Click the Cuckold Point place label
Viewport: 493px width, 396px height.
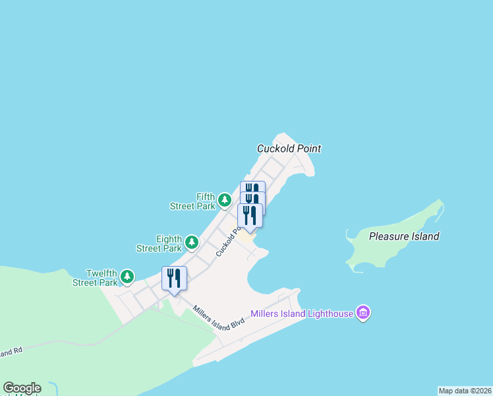click(x=289, y=148)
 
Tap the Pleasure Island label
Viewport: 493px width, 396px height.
click(x=404, y=236)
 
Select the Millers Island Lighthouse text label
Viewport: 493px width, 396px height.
click(x=302, y=313)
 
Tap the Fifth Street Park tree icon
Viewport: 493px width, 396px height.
click(x=225, y=199)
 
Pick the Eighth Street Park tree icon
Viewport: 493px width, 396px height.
click(x=192, y=242)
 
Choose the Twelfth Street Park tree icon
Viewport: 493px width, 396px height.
click(x=127, y=276)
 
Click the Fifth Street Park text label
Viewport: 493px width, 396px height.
click(x=192, y=201)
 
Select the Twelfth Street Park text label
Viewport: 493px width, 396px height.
click(x=96, y=278)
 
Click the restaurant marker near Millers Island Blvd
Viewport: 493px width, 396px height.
click(x=174, y=278)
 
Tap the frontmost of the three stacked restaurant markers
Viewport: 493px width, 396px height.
click(x=250, y=215)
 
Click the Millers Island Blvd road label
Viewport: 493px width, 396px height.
click(x=219, y=318)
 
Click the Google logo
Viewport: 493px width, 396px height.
click(x=22, y=388)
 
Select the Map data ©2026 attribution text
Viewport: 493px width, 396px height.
click(x=465, y=391)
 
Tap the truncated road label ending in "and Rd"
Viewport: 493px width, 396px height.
click(x=11, y=352)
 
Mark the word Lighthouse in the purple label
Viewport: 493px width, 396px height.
click(x=330, y=313)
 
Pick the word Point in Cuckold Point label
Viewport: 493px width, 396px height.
click(x=308, y=148)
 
